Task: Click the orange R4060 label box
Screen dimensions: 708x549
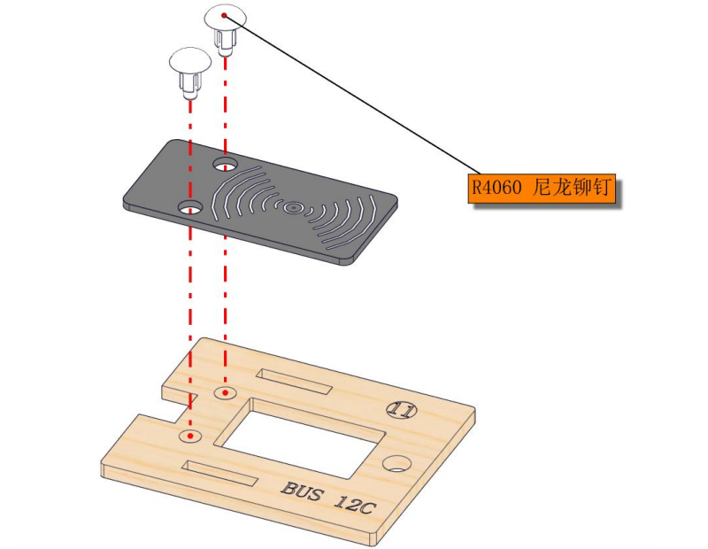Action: coord(542,188)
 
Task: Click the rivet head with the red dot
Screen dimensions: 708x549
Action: coord(226,17)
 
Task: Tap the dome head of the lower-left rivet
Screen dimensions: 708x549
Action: coord(190,60)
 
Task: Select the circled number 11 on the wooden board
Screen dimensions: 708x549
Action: coord(402,410)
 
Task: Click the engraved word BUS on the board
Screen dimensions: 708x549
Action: coord(302,491)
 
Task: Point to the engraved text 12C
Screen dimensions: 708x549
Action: coord(355,503)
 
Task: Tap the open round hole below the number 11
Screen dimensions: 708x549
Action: coord(397,464)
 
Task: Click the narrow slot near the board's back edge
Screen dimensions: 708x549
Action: coord(295,381)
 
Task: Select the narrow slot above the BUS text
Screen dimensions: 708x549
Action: coord(219,473)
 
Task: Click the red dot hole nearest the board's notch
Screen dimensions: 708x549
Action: coord(226,393)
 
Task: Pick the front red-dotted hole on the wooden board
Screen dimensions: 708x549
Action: coord(190,436)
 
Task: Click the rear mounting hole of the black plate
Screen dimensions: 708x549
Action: coord(226,164)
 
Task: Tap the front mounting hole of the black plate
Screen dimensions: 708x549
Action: coord(190,207)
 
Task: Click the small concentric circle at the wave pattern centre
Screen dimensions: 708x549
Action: coord(293,208)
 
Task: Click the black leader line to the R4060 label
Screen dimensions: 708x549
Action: coord(353,95)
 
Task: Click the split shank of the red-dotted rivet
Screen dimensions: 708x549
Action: coord(226,42)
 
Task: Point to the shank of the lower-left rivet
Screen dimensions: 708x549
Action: coord(190,86)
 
